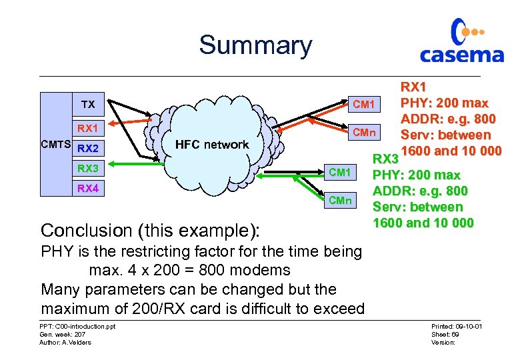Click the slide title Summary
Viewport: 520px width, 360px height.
(255, 45)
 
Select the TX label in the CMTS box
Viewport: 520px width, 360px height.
(88, 105)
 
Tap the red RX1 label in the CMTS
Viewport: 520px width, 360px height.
(88, 127)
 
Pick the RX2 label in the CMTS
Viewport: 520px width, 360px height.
(88, 148)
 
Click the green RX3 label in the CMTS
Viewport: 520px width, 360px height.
(88, 168)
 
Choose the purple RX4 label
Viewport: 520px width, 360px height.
(88, 189)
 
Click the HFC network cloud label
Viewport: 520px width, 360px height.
(211, 145)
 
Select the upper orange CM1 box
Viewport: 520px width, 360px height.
(364, 105)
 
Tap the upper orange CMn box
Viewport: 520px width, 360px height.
(364, 132)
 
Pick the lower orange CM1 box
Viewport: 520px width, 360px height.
(339, 173)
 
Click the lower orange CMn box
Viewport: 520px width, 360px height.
(339, 201)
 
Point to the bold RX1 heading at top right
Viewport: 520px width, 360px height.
(414, 87)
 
